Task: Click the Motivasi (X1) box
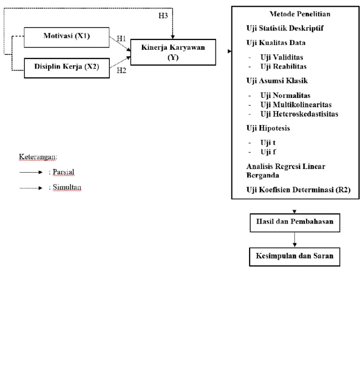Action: pos(66,37)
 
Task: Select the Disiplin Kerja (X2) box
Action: pos(67,68)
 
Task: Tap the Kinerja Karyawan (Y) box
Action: pos(173,52)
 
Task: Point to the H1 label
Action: pos(121,38)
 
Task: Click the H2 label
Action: pos(122,71)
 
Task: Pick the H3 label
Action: pos(163,16)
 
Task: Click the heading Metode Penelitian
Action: pos(300,14)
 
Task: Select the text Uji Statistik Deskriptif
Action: pos(285,28)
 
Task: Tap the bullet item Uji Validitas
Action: pos(282,57)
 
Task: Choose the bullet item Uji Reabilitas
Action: pos(283,66)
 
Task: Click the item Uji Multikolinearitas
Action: pos(296,105)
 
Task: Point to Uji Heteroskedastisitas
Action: pos(299,114)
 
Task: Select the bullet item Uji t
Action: pos(268,143)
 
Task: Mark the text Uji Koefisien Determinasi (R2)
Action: pos(298,190)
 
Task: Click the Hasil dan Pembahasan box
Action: pos(295,223)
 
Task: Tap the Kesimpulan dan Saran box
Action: pos(295,257)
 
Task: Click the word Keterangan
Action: pos(38,157)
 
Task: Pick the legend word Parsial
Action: pos(63,172)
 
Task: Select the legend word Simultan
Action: pos(67,187)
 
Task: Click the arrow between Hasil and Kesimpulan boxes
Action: pos(295,240)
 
